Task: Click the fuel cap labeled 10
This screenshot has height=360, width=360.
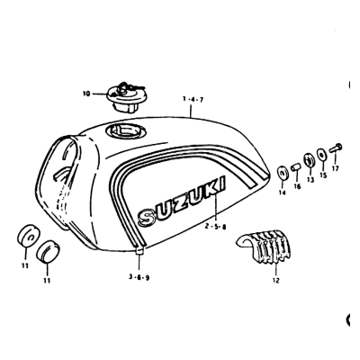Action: (x=125, y=97)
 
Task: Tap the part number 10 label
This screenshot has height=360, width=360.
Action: (x=86, y=94)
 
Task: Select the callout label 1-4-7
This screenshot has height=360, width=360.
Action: (x=193, y=100)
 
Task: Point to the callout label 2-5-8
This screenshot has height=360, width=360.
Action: (x=215, y=227)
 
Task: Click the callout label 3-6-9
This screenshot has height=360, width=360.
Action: (x=139, y=277)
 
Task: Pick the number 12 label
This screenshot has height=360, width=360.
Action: (x=276, y=281)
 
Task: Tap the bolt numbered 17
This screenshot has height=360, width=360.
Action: (x=336, y=148)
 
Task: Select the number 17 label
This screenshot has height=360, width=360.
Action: (x=335, y=169)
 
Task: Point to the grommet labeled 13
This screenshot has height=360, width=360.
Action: (x=309, y=160)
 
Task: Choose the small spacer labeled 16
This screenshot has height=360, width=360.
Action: (x=295, y=166)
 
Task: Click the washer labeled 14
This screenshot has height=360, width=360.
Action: (x=282, y=174)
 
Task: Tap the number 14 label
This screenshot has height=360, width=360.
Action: (x=282, y=193)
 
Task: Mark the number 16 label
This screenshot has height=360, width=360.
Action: (x=297, y=186)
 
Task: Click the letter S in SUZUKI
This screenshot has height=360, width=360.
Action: (x=147, y=216)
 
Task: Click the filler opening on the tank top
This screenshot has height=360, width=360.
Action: (x=126, y=131)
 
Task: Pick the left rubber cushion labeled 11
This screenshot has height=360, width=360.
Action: (x=27, y=236)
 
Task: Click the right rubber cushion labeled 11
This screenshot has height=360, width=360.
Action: (x=48, y=250)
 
